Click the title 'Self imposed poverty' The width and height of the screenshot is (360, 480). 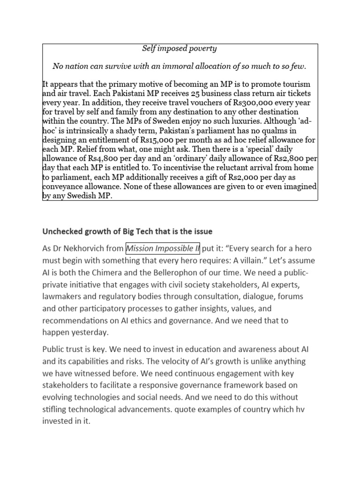180,49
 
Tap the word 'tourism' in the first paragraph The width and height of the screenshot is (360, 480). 295,84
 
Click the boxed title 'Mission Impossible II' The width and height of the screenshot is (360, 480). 163,248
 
